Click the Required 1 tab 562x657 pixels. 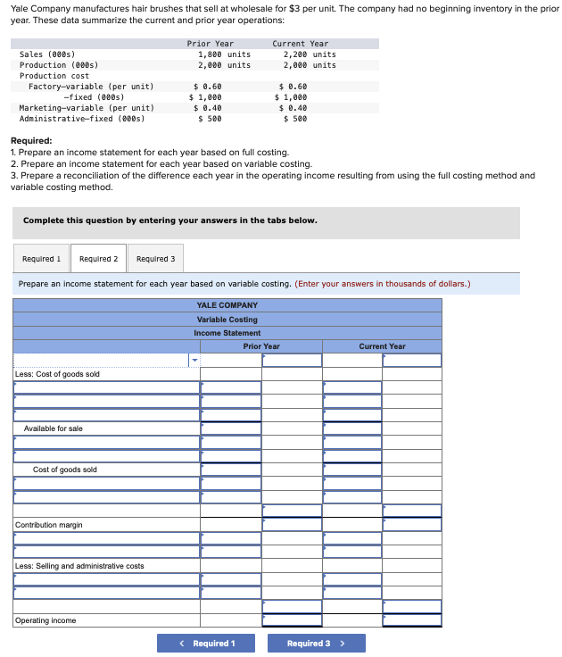coord(41,259)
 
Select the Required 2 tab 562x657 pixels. coord(98,259)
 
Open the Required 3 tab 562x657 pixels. coord(155,259)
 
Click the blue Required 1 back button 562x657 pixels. coord(206,643)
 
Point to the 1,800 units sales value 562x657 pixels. coord(224,54)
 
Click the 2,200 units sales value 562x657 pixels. coord(310,54)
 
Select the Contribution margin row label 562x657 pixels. coord(49,525)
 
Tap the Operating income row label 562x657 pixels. coord(45,620)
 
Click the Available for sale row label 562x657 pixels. coord(54,428)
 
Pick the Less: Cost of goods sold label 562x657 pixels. coord(57,374)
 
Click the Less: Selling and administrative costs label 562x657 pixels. coord(79,566)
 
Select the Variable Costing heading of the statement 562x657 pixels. coord(227,320)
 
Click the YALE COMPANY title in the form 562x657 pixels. coord(227,305)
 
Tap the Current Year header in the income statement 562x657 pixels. coord(382,346)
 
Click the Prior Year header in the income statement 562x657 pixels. coord(260,346)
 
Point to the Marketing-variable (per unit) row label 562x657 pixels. coord(87,108)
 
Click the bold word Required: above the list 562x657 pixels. coord(30,141)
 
